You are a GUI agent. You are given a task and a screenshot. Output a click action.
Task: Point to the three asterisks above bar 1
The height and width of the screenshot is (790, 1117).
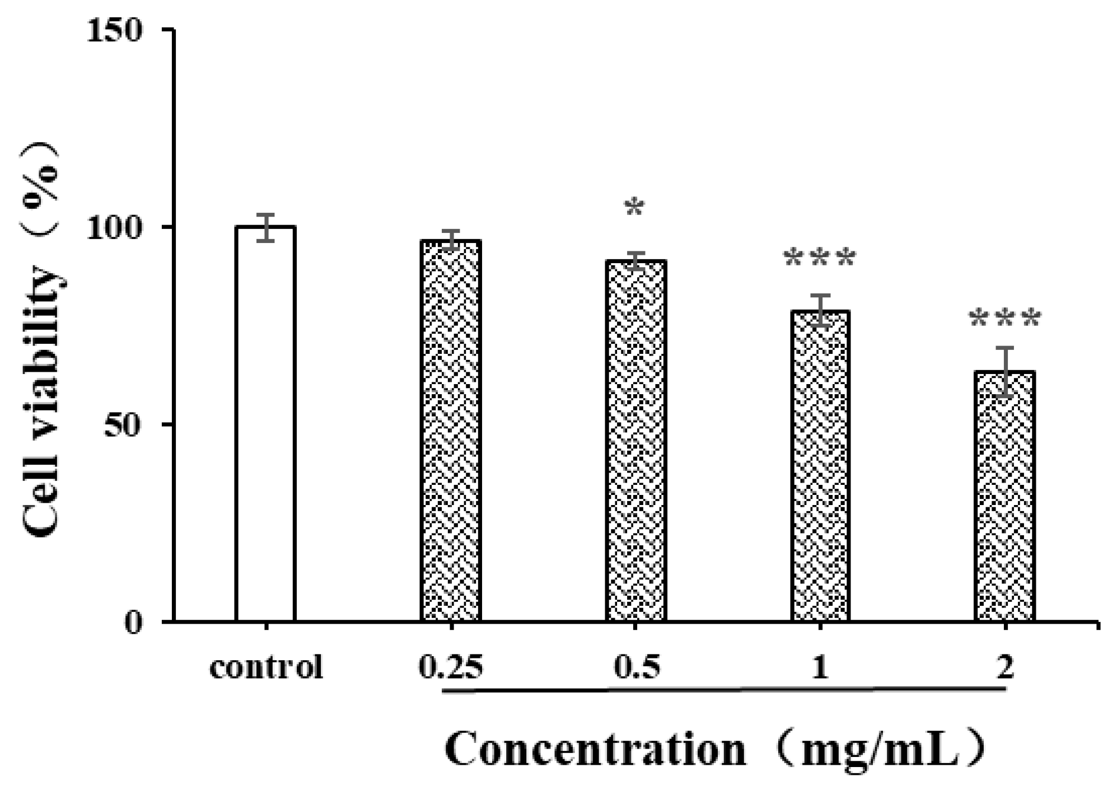tap(820, 259)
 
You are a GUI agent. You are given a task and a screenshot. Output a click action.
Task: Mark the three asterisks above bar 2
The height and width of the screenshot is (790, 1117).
tap(1005, 320)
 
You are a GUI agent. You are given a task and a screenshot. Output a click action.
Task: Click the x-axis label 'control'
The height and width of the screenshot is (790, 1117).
tap(266, 667)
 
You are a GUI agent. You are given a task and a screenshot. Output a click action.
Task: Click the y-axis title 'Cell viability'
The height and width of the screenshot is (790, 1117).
tap(42, 403)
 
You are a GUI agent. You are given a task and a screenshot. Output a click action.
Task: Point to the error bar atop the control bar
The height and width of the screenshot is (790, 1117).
tap(266, 227)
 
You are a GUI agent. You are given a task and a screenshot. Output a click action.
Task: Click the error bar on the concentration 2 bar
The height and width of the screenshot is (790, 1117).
tap(1005, 372)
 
